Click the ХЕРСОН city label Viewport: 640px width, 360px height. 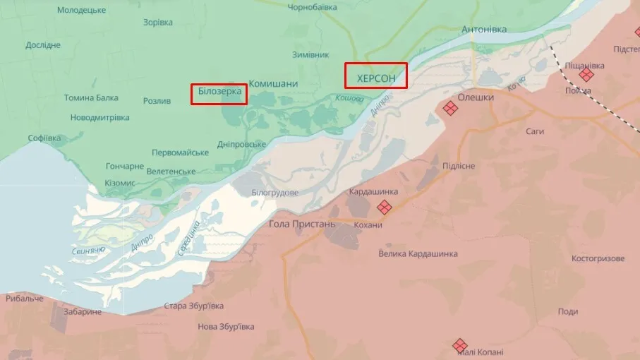[376, 77]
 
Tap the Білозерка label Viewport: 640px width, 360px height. [219, 92]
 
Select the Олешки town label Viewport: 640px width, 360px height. [476, 97]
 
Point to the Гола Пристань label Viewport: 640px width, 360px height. [303, 224]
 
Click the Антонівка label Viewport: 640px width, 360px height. [483, 30]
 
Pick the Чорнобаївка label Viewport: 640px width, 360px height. [312, 7]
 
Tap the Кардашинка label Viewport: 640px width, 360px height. [373, 191]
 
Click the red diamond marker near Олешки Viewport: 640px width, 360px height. [449, 108]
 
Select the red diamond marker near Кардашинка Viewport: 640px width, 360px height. [384, 207]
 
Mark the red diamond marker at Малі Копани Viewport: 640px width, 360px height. [460, 345]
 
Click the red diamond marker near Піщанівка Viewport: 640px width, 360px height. [586, 74]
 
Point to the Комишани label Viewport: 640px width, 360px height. [273, 83]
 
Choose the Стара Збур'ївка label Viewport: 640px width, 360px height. [193, 306]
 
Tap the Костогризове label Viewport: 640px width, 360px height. [598, 258]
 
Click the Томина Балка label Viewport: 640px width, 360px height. [91, 98]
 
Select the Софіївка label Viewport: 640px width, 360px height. [44, 138]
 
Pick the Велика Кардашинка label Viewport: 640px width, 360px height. [418, 253]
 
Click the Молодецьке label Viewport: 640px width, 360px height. [81, 10]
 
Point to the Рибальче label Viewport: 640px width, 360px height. [25, 299]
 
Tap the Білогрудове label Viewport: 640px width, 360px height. [274, 193]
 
